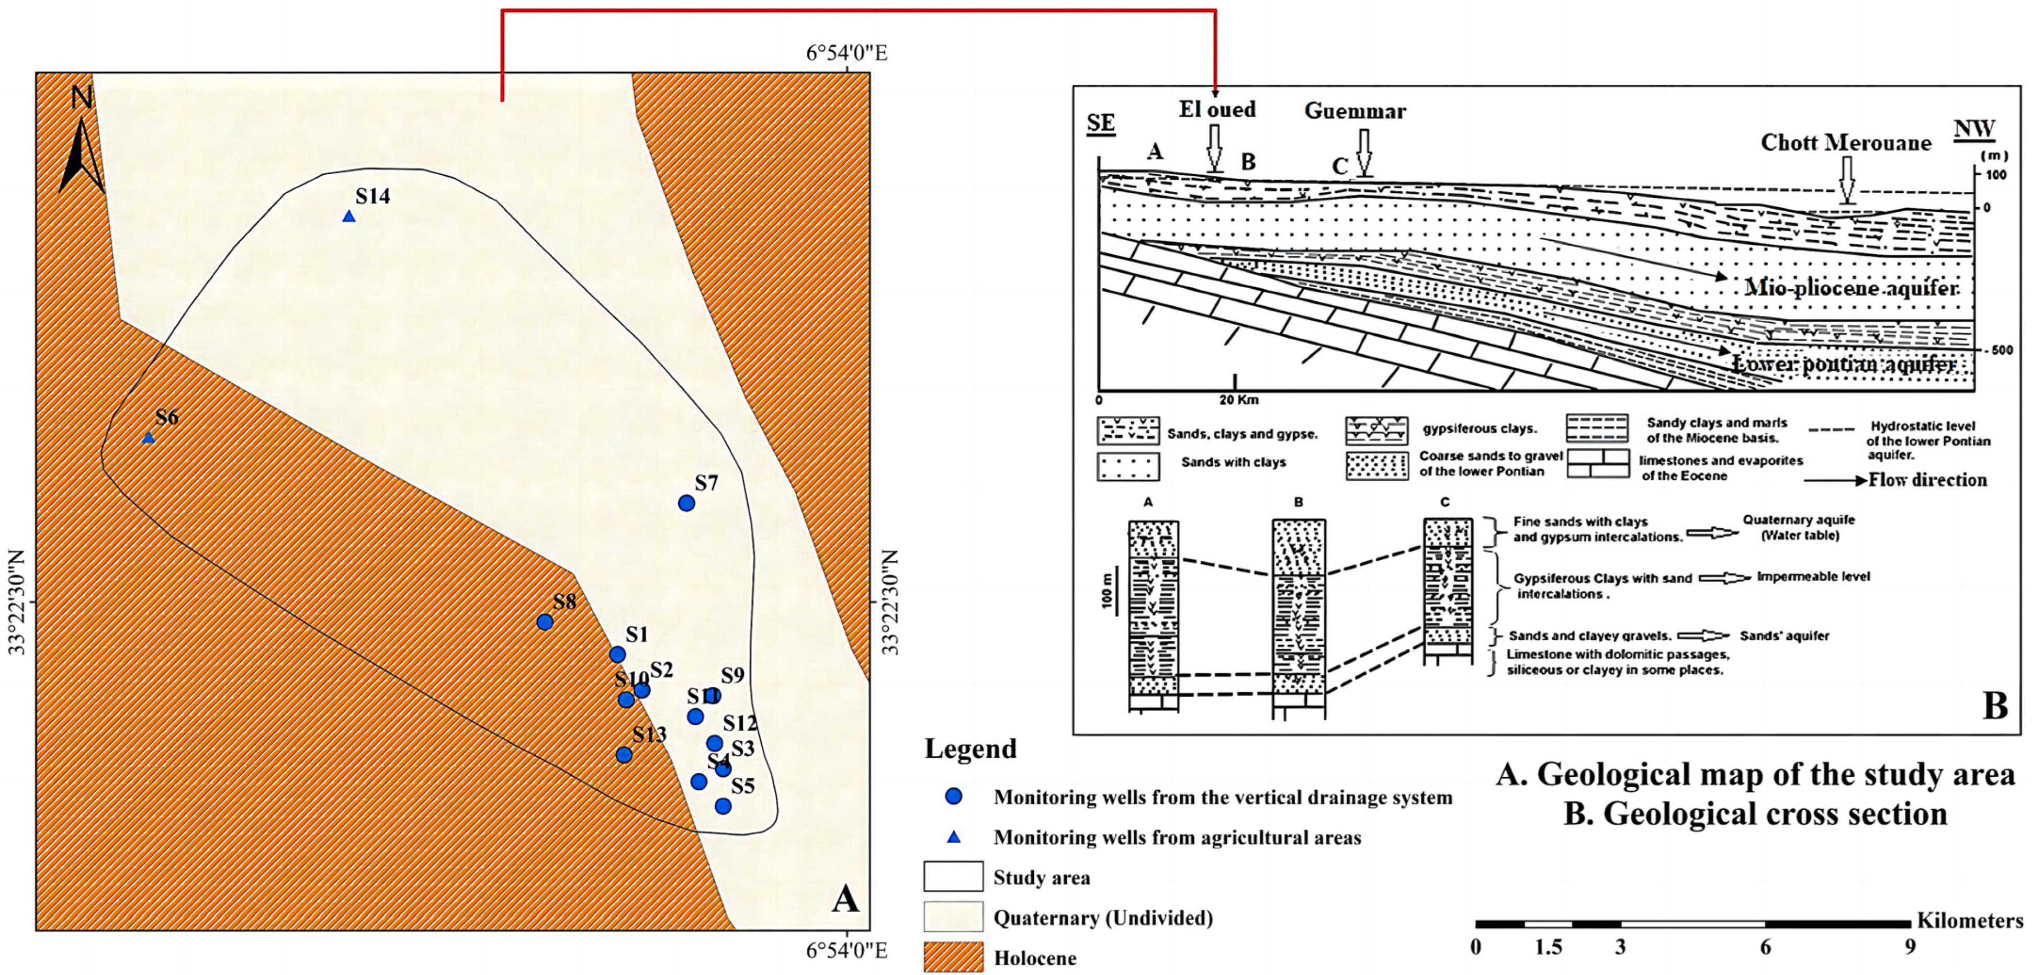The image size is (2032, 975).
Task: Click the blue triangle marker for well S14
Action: click(348, 216)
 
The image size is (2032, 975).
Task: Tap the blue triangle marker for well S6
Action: click(148, 438)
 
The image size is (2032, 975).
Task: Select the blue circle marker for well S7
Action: click(686, 503)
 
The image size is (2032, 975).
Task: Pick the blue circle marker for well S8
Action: click(544, 621)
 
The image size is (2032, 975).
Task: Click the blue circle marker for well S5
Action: click(723, 806)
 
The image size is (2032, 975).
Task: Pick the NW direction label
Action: click(1973, 129)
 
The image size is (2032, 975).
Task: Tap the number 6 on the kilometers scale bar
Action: click(1765, 947)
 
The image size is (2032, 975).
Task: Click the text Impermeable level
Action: click(1813, 576)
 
